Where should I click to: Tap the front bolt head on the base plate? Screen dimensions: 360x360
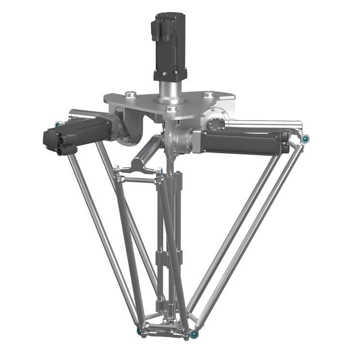pos(171,110)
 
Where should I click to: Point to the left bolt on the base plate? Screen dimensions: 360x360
pos(129,94)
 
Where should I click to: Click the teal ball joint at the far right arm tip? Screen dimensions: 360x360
pos(306,139)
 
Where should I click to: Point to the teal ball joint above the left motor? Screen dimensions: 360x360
pos(58,125)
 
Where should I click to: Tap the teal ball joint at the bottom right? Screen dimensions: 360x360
pos(194,334)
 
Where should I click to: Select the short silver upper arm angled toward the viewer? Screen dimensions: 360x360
pos(145,153)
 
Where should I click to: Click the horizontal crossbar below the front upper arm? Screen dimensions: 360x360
pos(138,180)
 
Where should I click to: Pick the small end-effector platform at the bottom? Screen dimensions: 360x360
pos(165,327)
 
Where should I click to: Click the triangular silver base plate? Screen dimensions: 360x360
pos(145,104)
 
